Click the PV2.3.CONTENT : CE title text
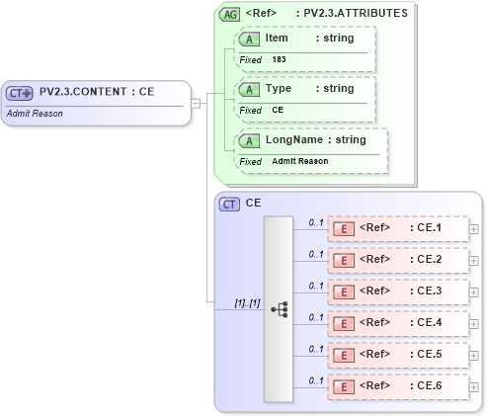coord(97,92)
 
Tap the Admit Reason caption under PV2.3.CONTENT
coord(34,113)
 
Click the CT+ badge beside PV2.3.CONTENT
coord(20,93)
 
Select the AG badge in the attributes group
coord(230,15)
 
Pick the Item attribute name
coord(277,38)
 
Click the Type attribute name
coord(278,88)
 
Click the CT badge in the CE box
coord(229,204)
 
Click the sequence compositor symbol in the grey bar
coord(279,309)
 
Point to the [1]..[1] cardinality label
coord(246,302)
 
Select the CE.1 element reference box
coord(397,229)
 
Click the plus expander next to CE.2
coord(474,261)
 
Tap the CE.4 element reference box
coord(397,323)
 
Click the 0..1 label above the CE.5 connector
coord(315,348)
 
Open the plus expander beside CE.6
coord(474,386)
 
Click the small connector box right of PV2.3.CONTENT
coord(197,102)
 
